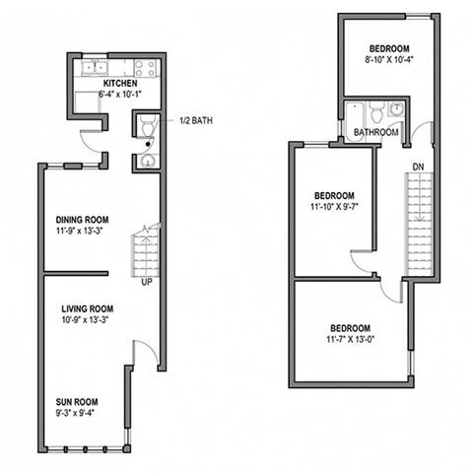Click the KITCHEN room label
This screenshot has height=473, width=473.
click(118, 85)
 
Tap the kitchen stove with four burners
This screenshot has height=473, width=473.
click(145, 68)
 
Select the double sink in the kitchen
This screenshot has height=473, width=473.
click(96, 68)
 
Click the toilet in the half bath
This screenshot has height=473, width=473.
click(146, 127)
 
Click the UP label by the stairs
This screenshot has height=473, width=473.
click(148, 283)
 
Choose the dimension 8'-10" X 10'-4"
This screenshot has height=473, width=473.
click(389, 60)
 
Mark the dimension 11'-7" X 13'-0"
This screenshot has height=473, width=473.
click(350, 341)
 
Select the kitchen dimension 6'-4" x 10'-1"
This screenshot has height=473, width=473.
click(118, 96)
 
